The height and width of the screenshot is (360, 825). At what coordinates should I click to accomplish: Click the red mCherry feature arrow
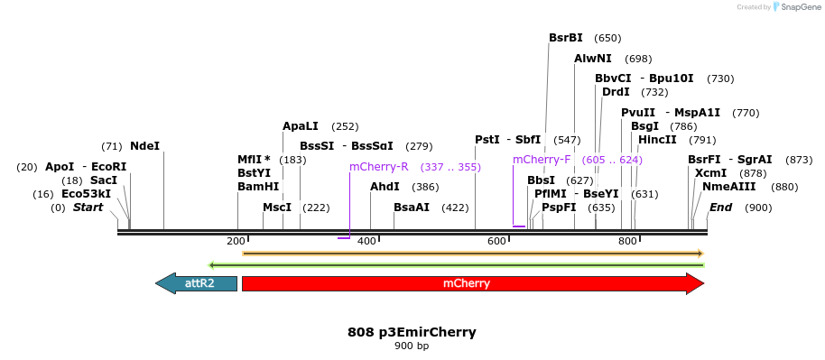click(472, 283)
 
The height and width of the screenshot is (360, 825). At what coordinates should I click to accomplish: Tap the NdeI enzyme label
click(144, 146)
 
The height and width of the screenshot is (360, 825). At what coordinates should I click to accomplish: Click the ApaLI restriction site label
click(301, 126)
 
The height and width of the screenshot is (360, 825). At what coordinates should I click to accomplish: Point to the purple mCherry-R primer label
click(379, 167)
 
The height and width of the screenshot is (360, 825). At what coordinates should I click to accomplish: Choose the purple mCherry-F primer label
click(542, 160)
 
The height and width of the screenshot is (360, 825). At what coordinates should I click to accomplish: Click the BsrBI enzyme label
click(566, 38)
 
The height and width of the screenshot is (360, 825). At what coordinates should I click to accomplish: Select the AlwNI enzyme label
click(593, 59)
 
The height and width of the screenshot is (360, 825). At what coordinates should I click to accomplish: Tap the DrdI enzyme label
click(616, 92)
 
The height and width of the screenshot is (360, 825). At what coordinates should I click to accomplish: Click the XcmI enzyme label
click(710, 173)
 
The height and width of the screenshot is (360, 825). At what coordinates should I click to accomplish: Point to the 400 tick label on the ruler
click(367, 242)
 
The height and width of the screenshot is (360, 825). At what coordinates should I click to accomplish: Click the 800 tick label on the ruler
click(628, 242)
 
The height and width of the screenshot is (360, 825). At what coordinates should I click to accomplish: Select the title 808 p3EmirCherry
click(412, 332)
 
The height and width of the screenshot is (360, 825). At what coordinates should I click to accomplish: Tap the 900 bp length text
click(412, 346)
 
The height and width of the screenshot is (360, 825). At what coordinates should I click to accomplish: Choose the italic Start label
click(88, 208)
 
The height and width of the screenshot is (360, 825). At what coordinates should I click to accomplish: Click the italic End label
click(720, 208)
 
